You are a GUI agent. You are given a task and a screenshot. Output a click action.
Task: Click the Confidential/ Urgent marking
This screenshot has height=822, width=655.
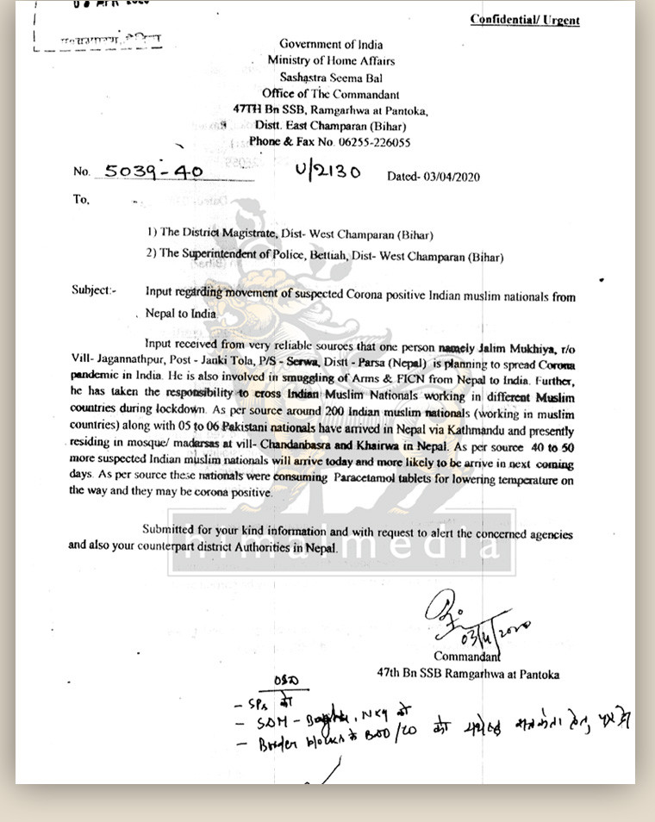525,20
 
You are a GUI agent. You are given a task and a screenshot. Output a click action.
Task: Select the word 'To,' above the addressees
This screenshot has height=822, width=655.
81,199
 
